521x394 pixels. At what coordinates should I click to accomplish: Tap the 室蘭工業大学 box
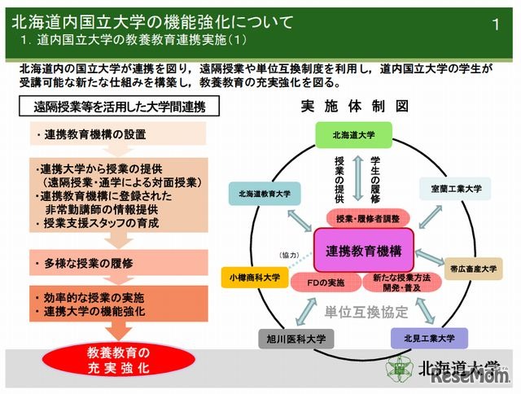455,190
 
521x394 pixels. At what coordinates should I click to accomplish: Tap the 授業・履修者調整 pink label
364,219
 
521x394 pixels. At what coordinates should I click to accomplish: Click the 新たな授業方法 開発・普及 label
394,283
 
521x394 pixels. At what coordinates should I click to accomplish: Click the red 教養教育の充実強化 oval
118,360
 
